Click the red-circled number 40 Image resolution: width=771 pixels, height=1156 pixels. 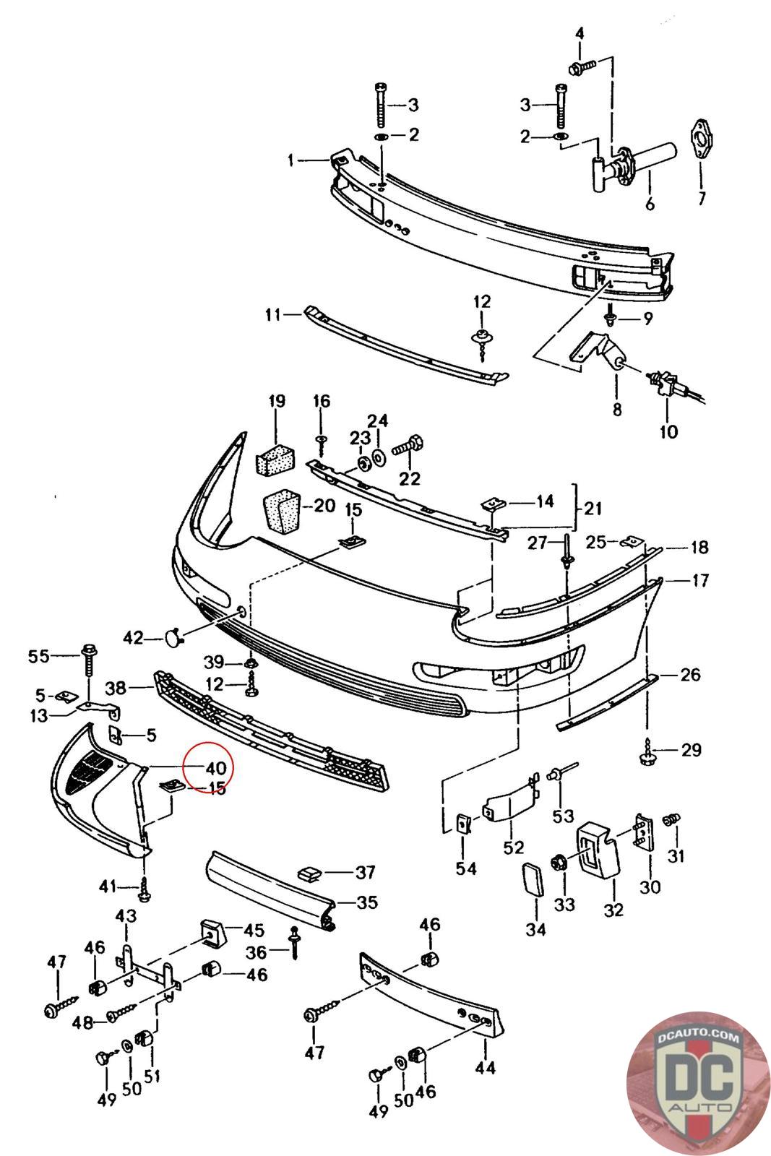(216, 769)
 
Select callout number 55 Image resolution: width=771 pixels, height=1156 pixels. (38, 657)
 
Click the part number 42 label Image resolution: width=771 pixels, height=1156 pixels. (133, 638)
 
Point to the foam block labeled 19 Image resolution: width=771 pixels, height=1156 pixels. (275, 458)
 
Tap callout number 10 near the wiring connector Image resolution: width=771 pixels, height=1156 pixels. (668, 431)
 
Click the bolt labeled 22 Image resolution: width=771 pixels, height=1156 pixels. (408, 447)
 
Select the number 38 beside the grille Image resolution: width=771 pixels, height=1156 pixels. (116, 688)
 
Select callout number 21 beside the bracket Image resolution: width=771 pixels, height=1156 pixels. (593, 509)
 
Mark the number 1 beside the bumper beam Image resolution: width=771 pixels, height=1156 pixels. (291, 160)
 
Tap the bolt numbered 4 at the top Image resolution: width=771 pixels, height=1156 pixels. (582, 66)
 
